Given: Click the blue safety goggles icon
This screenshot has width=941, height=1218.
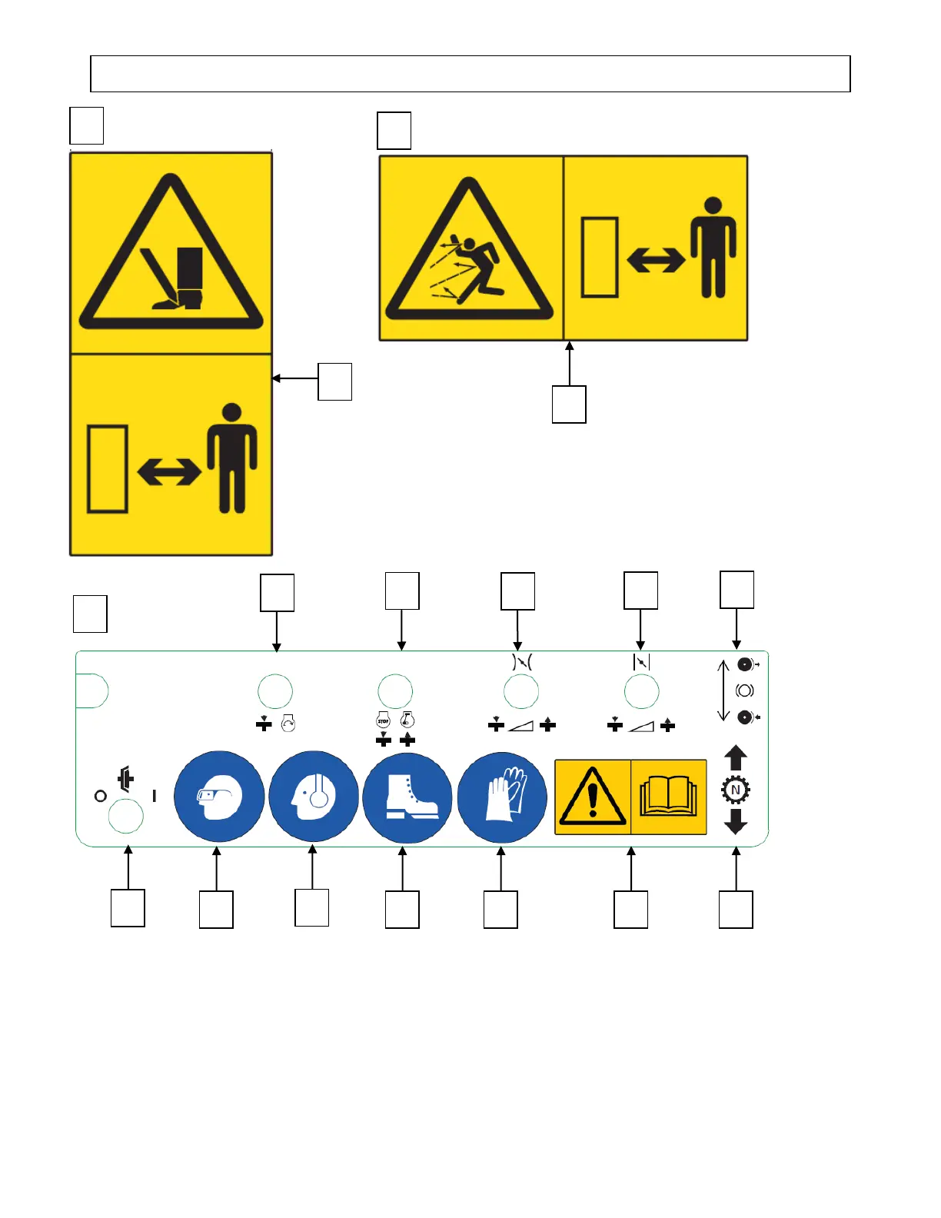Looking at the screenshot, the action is coord(219,796).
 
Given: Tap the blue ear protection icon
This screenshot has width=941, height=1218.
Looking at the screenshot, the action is coord(314,796).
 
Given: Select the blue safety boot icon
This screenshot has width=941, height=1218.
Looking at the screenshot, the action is coord(407,797).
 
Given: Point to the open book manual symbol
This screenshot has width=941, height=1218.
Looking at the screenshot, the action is coord(668,797).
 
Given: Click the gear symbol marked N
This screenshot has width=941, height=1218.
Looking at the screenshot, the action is coord(736,790).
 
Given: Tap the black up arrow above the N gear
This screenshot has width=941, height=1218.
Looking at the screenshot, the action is coord(736,757).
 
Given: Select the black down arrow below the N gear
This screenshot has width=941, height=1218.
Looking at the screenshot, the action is coord(736,821).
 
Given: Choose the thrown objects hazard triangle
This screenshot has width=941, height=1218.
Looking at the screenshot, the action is coord(469,254).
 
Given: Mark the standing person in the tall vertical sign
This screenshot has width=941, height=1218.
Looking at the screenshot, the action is coord(231,458).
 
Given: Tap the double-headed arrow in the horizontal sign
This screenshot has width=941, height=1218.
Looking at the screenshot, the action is coord(656,260).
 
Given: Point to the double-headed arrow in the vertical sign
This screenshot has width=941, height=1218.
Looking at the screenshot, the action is coord(169,471).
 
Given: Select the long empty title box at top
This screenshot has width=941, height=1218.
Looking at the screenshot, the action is coord(470,74).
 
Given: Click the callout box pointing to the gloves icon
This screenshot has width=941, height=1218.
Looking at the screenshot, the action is coord(500,910).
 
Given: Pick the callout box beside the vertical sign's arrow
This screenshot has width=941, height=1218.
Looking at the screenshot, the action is coord(335,381).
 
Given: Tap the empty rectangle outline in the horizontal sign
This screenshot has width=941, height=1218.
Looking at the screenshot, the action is coord(600,257).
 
